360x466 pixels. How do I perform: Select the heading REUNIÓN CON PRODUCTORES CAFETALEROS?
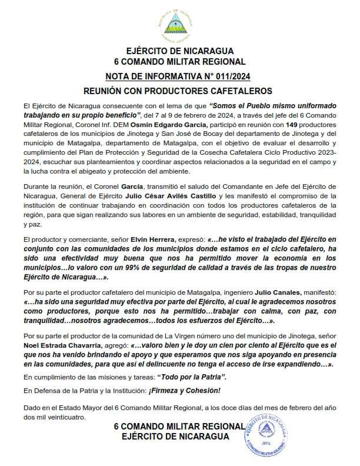(x=179, y=91)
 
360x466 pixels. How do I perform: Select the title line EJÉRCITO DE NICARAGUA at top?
(x=179, y=51)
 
